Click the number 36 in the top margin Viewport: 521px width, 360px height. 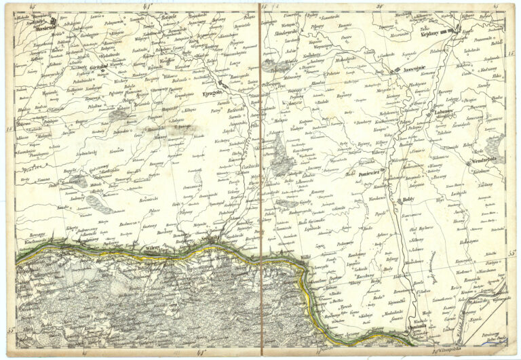click(x=379, y=6)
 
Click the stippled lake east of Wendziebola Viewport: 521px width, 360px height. click(x=495, y=143)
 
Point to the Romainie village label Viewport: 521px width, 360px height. click(x=468, y=279)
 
